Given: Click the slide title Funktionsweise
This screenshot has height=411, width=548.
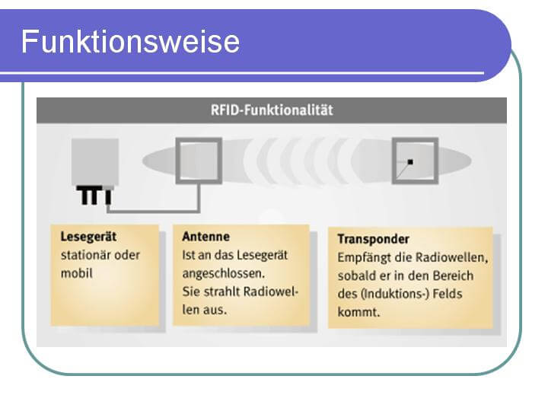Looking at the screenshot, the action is click(x=130, y=42).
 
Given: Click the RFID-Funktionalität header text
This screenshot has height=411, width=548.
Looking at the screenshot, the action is click(x=272, y=110).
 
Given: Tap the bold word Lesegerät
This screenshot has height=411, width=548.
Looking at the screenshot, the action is click(x=88, y=237).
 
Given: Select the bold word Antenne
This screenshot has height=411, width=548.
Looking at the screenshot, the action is click(x=205, y=237).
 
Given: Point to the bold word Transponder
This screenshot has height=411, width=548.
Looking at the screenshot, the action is click(x=373, y=240).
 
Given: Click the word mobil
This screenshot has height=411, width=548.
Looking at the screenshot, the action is click(x=77, y=273).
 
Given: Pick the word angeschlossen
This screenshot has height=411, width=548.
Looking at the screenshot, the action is click(x=223, y=274).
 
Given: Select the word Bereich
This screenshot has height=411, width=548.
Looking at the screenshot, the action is click(x=454, y=276).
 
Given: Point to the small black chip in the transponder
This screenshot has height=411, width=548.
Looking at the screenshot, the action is click(x=410, y=162).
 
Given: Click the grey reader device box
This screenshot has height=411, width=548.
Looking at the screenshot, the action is click(x=95, y=162).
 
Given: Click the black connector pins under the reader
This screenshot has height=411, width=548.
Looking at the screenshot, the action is click(x=94, y=196).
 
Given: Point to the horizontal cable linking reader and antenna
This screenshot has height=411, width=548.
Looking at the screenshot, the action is click(x=153, y=211).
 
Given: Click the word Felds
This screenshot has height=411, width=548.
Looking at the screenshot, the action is click(x=448, y=294).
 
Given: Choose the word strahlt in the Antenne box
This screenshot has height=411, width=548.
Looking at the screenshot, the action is click(x=221, y=292).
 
